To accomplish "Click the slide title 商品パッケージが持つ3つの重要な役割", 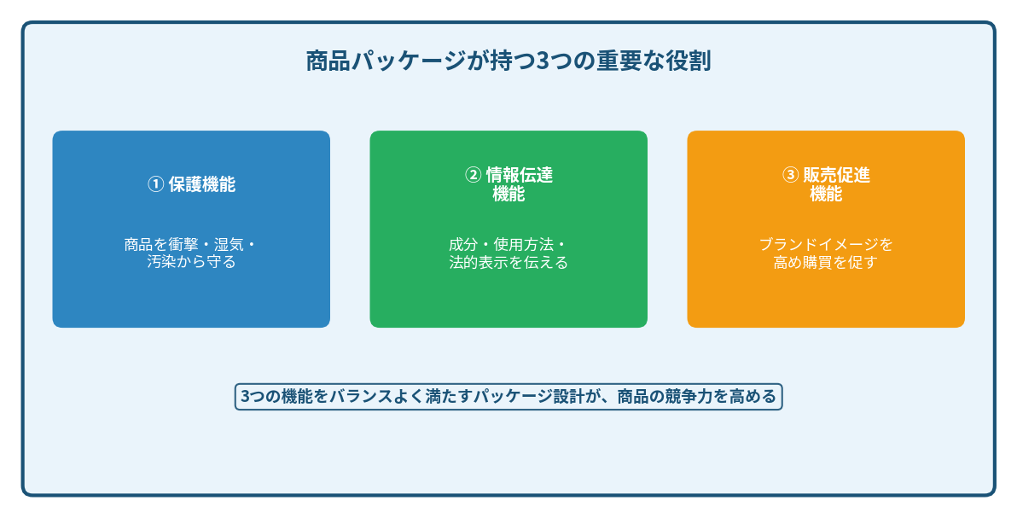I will (x=508, y=62).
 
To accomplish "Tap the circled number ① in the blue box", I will (x=155, y=184).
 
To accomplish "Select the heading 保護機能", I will (x=202, y=184).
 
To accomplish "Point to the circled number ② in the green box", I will (x=473, y=175).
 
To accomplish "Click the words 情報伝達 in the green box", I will (x=520, y=175).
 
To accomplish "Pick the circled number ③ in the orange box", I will (x=790, y=175).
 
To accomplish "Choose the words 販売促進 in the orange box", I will (x=837, y=175).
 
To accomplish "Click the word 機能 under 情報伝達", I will (x=508, y=195).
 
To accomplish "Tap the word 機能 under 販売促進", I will (x=826, y=195).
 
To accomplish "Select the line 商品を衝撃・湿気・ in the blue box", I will (x=190, y=245).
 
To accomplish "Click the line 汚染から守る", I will (x=191, y=263).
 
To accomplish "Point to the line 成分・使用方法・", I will (x=508, y=245).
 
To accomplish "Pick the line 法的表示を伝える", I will (x=508, y=263).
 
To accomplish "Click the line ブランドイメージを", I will (x=826, y=245).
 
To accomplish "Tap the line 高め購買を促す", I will (x=826, y=263).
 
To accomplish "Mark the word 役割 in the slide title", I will (x=690, y=62).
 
